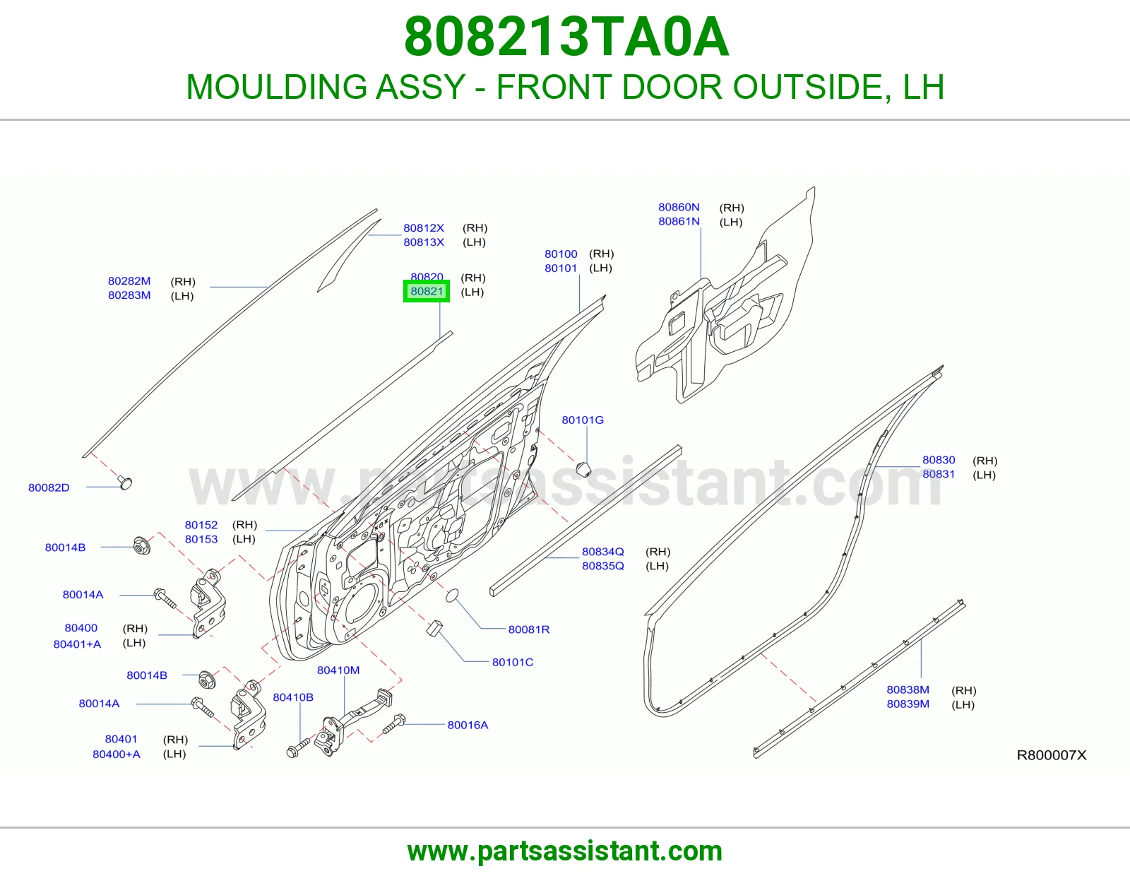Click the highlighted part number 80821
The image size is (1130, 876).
pos(427,291)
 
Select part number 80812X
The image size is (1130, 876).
pos(424,228)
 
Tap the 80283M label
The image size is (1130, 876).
pos(129,295)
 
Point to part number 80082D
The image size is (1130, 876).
pos(49,487)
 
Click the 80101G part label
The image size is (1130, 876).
pos(583,420)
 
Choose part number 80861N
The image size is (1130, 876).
pos(679,222)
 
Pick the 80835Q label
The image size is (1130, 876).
pos(602,566)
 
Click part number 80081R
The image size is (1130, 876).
pos(529,629)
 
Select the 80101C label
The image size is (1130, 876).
pos(513,662)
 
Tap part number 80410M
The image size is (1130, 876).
pos(338,670)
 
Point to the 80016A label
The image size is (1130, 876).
pos(468,725)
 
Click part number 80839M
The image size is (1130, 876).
pos(908,704)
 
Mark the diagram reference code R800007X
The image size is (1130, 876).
pos(1052,755)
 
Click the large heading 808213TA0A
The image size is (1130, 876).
pos(566,37)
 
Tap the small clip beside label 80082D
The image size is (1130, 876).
pos(125,483)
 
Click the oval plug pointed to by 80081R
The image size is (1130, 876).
pos(453,596)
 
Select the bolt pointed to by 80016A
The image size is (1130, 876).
pos(394,723)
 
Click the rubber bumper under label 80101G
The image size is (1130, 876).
pos(585,468)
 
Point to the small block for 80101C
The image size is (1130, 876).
pos(434,628)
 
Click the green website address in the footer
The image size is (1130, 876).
pos(565,851)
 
